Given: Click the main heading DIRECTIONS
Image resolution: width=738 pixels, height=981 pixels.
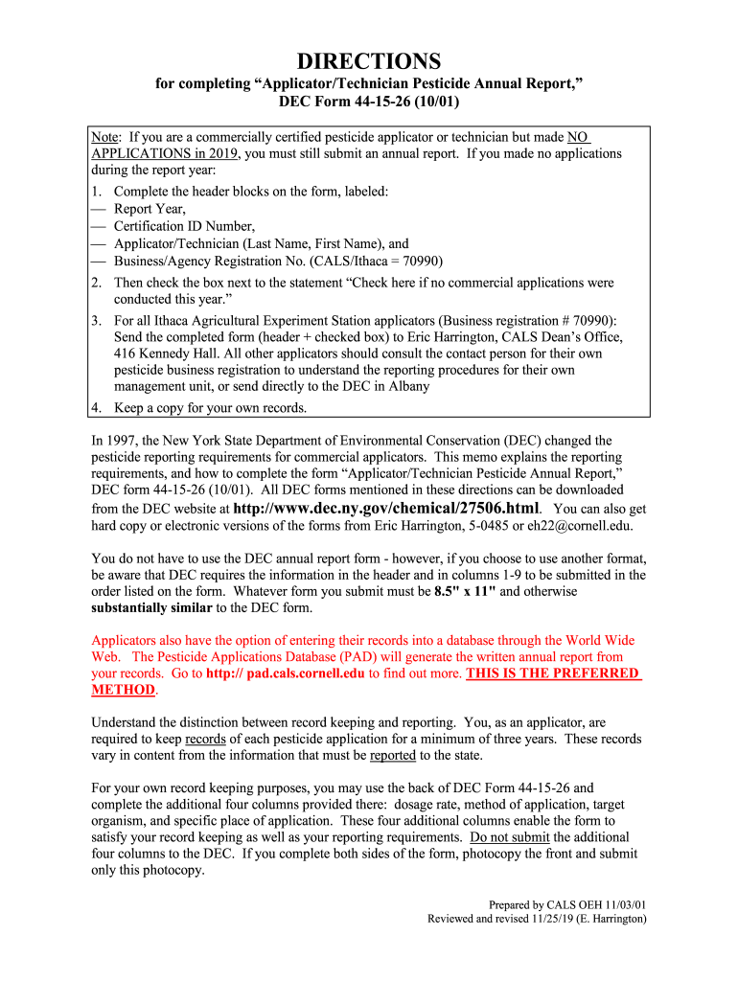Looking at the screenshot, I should click(x=368, y=61).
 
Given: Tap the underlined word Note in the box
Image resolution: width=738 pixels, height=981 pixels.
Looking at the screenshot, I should click(x=106, y=138).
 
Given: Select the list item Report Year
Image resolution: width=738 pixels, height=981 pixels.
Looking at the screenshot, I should click(x=150, y=209).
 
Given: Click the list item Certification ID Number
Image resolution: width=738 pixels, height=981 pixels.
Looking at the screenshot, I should click(x=184, y=226).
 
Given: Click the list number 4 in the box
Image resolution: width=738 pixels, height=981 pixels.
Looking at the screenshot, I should click(x=97, y=408).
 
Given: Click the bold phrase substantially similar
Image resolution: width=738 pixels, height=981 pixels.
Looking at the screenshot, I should click(x=151, y=608).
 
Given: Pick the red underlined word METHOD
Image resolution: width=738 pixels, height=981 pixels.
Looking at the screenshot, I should click(x=123, y=690).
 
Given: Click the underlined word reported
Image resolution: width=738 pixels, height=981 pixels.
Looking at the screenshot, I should click(x=393, y=755).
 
